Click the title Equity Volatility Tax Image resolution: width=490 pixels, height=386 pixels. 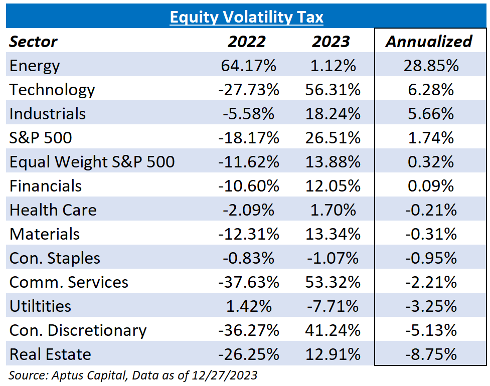tap(246, 18)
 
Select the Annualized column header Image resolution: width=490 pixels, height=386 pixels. tap(428, 42)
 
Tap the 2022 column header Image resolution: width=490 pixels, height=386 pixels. tap(246, 42)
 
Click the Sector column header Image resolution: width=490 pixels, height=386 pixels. tap(34, 42)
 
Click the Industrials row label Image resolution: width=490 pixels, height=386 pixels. tap(48, 114)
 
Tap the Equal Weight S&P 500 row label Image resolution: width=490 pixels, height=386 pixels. tap(92, 162)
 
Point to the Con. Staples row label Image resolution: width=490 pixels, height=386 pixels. tap(55, 258)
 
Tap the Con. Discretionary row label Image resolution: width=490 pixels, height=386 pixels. tap(78, 330)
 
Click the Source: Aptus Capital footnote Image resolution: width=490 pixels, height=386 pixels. tap(133, 375)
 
